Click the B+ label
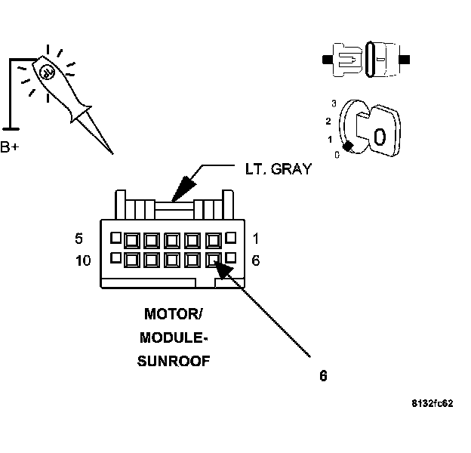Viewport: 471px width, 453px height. point(11,146)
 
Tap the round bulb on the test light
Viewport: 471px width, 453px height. point(46,73)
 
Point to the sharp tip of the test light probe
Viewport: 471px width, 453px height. point(112,153)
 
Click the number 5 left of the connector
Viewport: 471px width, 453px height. point(78,239)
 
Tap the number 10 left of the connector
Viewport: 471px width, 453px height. point(83,260)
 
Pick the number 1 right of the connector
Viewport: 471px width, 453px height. point(256,239)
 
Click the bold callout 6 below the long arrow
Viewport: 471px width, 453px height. point(323,375)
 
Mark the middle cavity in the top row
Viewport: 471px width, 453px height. point(173,241)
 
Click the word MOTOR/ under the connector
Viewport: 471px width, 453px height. point(173,313)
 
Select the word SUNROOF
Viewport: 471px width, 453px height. point(173,361)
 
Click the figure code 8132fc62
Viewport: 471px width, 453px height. point(433,404)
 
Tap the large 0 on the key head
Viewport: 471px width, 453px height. point(380,137)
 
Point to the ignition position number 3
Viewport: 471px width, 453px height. point(333,103)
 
